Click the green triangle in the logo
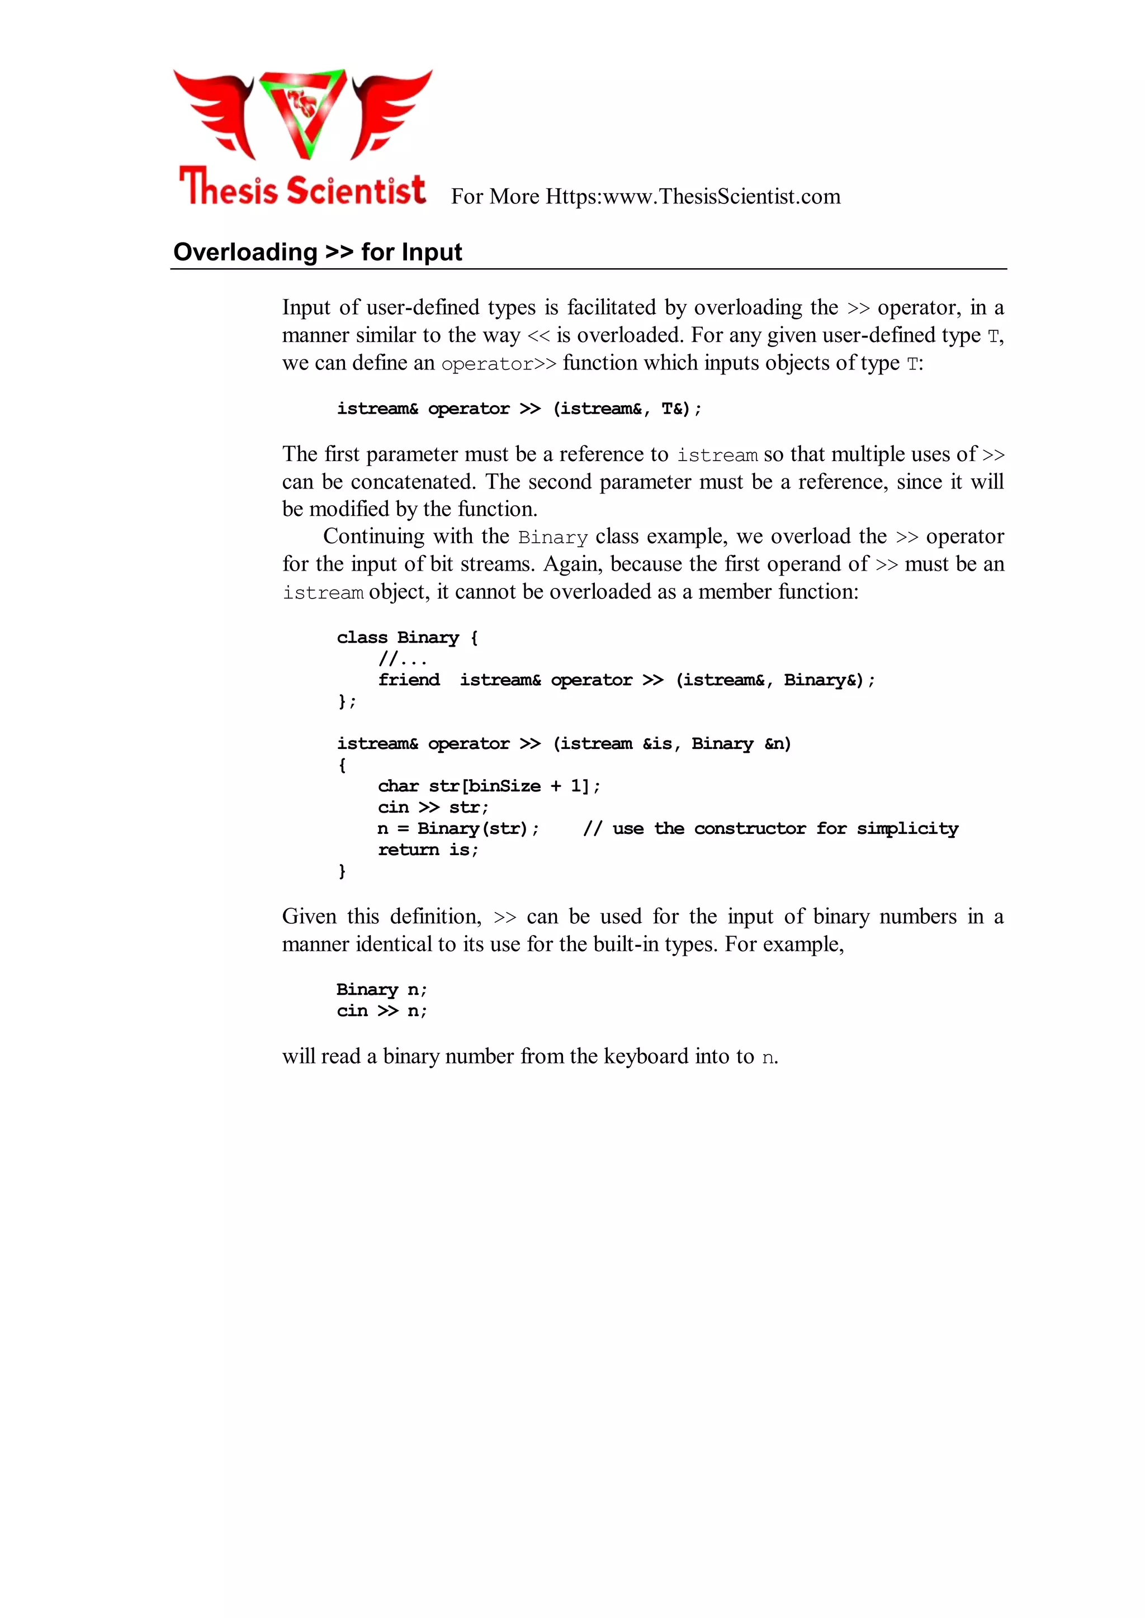pyautogui.click(x=303, y=113)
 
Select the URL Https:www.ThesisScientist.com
pyautogui.click(x=693, y=197)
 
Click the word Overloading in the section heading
pyautogui.click(x=245, y=252)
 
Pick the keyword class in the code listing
pyautogui.click(x=362, y=638)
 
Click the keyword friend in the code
pyautogui.click(x=409, y=680)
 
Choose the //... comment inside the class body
pyautogui.click(x=403, y=659)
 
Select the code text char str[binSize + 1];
pyautogui.click(x=489, y=786)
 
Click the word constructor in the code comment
pyautogui.click(x=750, y=829)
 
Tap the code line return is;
pyautogui.click(x=428, y=850)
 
